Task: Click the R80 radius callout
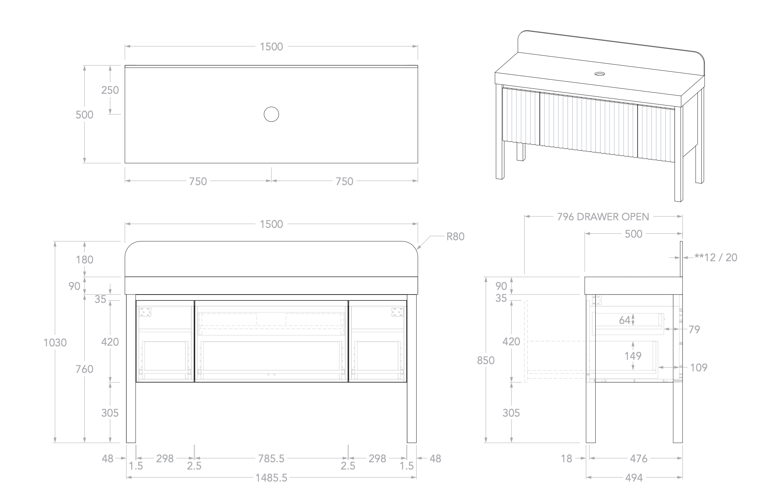click(x=455, y=237)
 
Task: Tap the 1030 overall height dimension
click(x=55, y=342)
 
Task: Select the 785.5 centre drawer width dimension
click(x=271, y=459)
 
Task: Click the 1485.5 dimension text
click(x=271, y=478)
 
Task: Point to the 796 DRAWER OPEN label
click(x=603, y=217)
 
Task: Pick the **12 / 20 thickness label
click(x=716, y=258)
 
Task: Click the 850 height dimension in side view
click(x=485, y=360)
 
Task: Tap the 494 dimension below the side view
click(x=634, y=478)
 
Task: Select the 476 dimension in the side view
click(x=639, y=459)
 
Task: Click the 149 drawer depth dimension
click(x=633, y=356)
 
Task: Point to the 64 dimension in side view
click(x=625, y=320)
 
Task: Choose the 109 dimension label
click(x=699, y=368)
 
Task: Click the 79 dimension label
click(x=694, y=329)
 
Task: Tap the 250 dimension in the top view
click(x=110, y=90)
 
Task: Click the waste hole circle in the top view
click(x=271, y=114)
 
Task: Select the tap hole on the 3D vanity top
click(x=600, y=74)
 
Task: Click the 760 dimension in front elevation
click(x=84, y=369)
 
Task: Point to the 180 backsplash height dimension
click(x=84, y=259)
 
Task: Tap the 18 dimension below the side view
click(x=567, y=459)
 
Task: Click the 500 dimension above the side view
click(x=634, y=234)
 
